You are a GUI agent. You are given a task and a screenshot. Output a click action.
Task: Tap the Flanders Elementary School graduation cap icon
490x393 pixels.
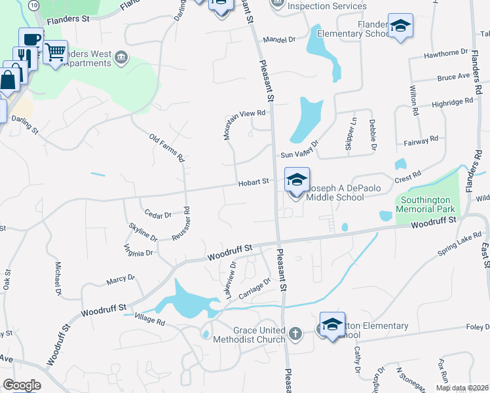click(400, 26)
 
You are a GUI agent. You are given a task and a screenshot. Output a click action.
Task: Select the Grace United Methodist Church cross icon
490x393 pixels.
click(295, 334)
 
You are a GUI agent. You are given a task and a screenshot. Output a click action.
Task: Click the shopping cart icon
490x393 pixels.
click(56, 51)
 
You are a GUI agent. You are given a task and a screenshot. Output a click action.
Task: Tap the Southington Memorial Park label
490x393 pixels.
click(427, 206)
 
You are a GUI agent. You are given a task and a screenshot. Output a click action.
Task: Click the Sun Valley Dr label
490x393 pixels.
click(299, 149)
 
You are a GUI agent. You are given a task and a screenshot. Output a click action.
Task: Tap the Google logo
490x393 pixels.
click(22, 384)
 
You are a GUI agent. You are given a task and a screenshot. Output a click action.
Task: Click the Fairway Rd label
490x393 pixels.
click(423, 140)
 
